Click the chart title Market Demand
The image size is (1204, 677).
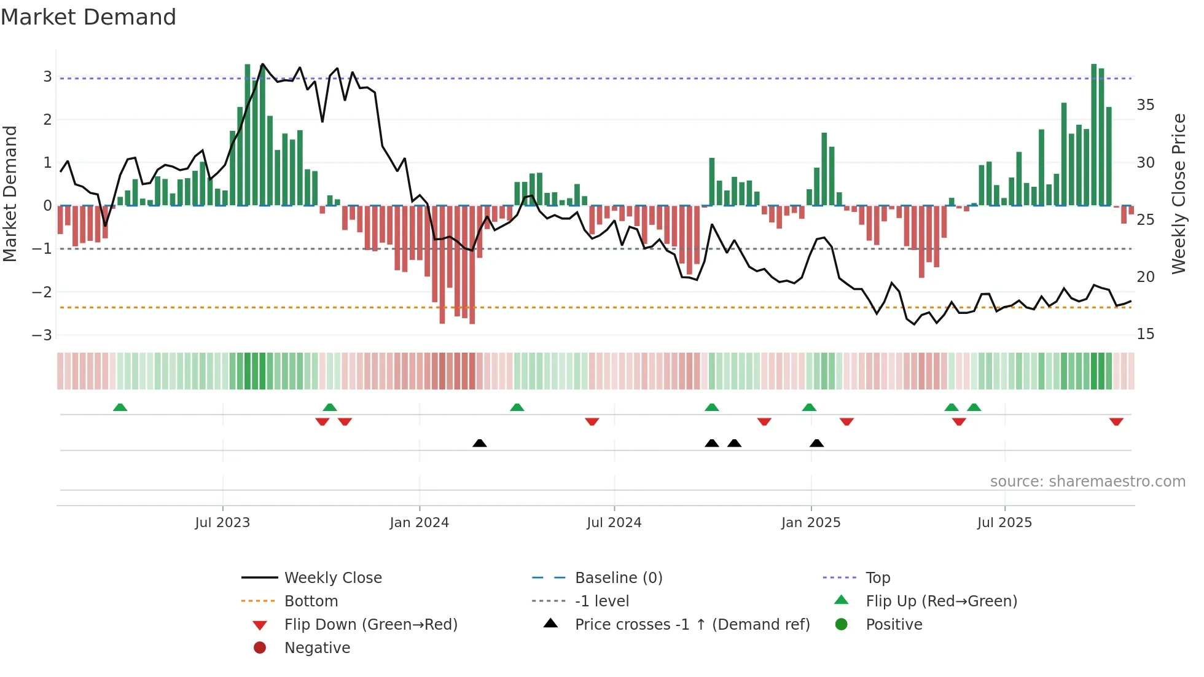(x=88, y=17)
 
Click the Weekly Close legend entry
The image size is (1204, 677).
(x=332, y=577)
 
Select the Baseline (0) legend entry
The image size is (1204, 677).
(x=618, y=577)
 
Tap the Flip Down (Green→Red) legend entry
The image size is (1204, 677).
(x=370, y=624)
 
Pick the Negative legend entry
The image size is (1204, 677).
(x=317, y=648)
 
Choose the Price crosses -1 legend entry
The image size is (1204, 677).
(x=692, y=624)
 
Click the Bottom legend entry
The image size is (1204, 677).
(x=311, y=601)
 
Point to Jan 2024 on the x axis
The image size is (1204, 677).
(x=419, y=522)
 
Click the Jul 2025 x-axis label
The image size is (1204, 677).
(x=1004, y=522)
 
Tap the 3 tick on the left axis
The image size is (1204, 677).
(x=47, y=77)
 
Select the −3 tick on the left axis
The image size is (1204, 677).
(x=42, y=335)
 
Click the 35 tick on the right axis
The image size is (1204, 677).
(x=1145, y=105)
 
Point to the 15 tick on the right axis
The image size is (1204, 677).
(x=1145, y=334)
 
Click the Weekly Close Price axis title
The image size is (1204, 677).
(x=1178, y=194)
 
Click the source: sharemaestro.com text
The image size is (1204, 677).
(x=1087, y=481)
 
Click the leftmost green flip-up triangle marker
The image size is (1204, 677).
(x=120, y=407)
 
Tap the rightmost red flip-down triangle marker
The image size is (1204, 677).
(x=1116, y=421)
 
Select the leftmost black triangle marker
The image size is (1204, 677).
(x=480, y=443)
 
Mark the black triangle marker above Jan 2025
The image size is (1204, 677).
(x=816, y=443)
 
